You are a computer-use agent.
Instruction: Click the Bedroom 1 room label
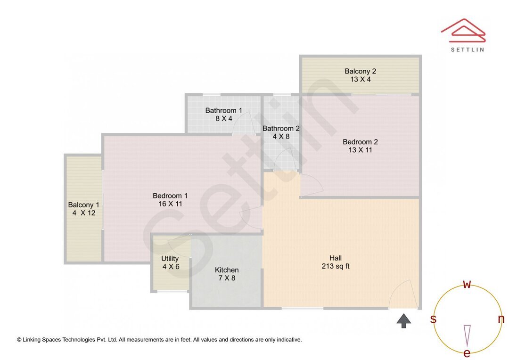tap(170, 196)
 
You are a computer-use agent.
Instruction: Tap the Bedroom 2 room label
tap(360, 141)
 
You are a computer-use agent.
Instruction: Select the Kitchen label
tap(227, 270)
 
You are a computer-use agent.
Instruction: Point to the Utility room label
tap(170, 258)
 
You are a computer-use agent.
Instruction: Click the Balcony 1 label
tap(83, 205)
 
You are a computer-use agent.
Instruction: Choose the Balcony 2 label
tap(360, 71)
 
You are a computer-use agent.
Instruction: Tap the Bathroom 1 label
tap(224, 110)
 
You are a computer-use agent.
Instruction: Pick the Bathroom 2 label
tap(281, 128)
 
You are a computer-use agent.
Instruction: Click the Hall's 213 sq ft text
tap(335, 266)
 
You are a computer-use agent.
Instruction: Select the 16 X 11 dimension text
tap(170, 204)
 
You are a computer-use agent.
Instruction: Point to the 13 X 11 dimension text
tap(360, 150)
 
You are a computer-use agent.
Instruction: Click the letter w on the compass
tap(467, 285)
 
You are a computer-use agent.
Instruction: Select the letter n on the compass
tap(501, 319)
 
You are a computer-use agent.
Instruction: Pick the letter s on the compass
tap(433, 319)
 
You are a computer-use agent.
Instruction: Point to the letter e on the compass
tap(467, 353)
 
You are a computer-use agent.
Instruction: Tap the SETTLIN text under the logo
tap(467, 49)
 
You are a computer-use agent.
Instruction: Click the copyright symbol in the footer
tap(19, 339)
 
